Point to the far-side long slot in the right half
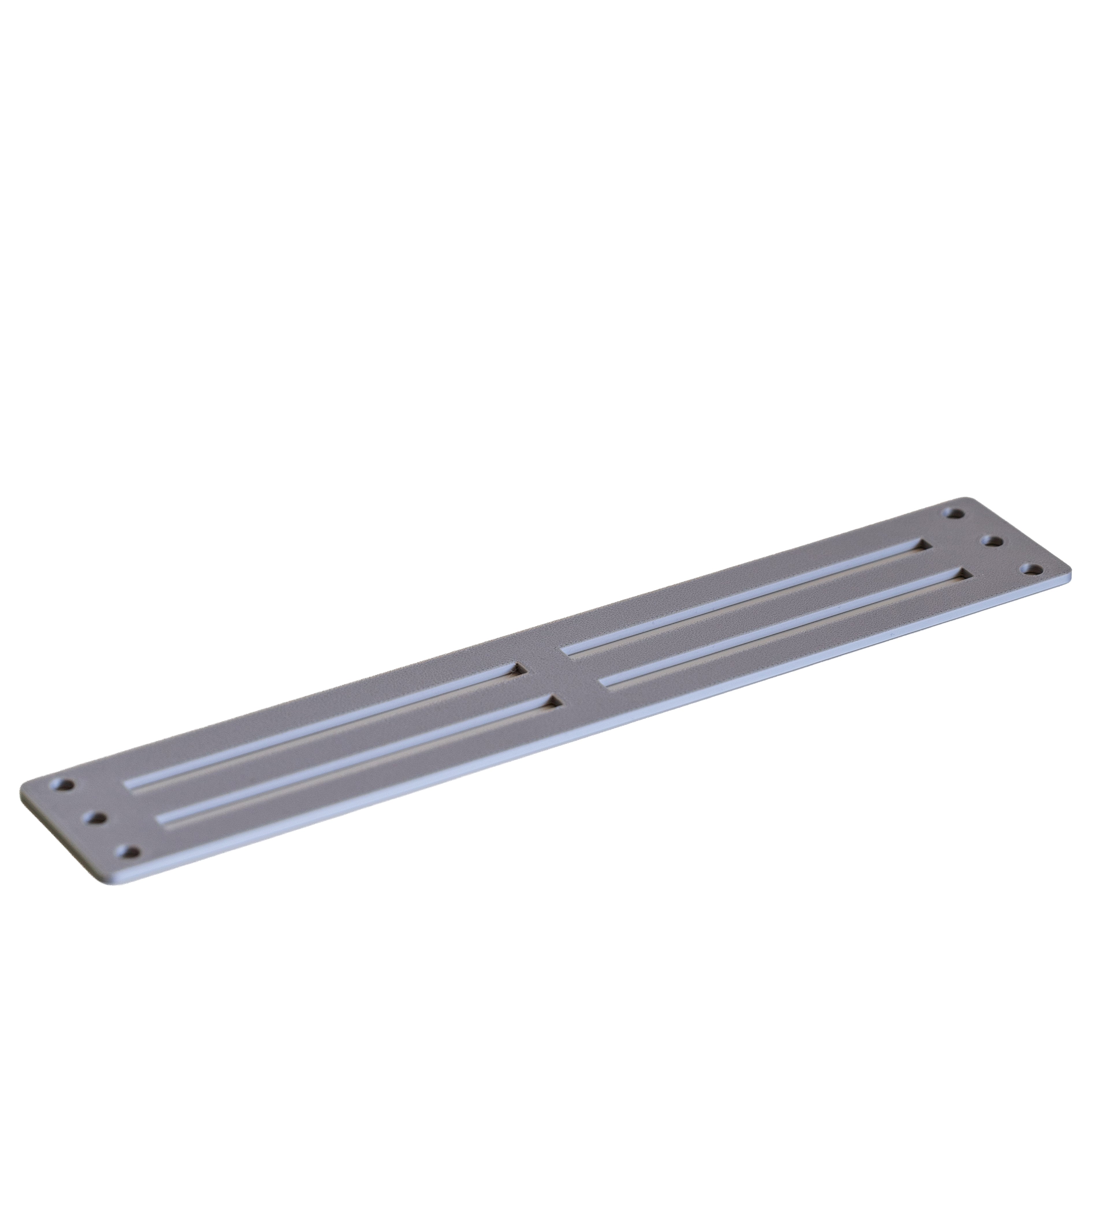pos(744,596)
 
